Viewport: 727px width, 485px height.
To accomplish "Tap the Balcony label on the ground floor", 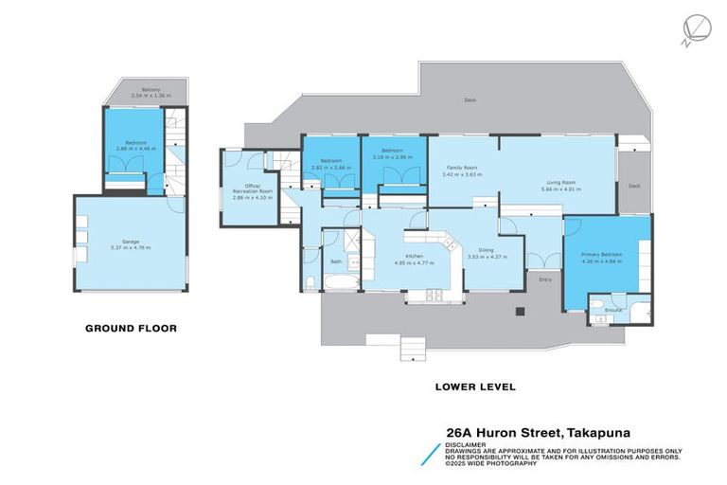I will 138,91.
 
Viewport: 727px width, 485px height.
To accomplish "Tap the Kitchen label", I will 415,256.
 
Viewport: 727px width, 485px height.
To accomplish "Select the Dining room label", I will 486,250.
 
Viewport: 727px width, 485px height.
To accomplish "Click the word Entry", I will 544,279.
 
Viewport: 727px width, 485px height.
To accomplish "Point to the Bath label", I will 336,261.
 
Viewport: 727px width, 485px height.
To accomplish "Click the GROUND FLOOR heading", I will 131,329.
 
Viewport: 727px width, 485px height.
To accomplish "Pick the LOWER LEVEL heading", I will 474,386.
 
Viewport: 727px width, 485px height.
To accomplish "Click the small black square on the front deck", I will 519,312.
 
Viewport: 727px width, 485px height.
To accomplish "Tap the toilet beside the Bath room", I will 310,281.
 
